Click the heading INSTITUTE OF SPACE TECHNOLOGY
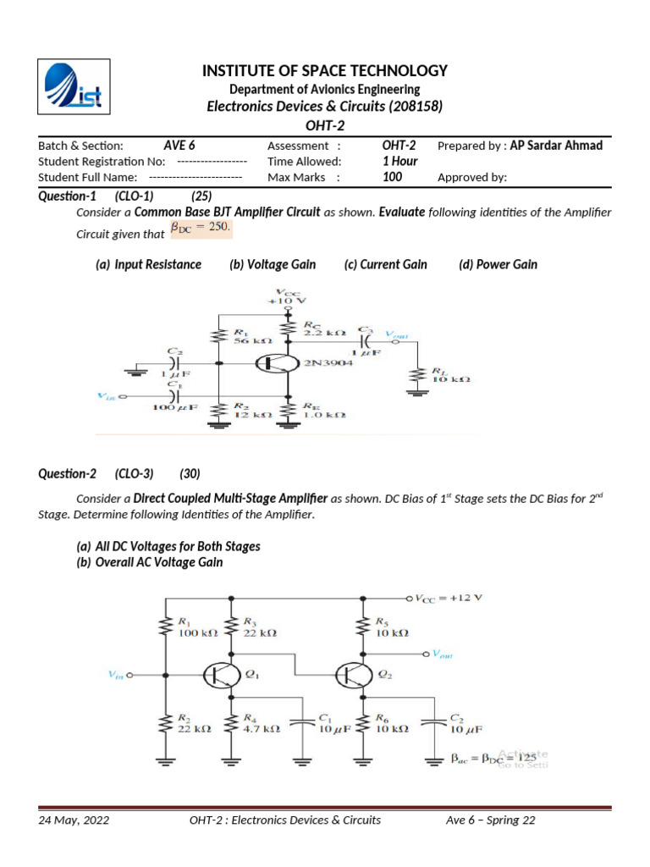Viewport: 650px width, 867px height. tap(325, 71)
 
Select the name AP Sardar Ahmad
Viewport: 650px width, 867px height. tap(556, 146)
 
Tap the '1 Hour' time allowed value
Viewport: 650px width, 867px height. tap(400, 162)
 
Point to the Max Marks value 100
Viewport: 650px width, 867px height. tap(393, 177)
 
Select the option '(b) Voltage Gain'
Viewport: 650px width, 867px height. tap(273, 264)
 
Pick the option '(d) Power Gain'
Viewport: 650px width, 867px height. tap(498, 264)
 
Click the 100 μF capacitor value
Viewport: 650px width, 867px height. tap(175, 408)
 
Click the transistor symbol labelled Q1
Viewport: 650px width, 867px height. tap(218, 675)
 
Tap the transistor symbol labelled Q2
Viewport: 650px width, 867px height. tap(351, 675)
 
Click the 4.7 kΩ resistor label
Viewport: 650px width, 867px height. tap(261, 728)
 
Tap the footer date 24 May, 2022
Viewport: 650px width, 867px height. tap(74, 820)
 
